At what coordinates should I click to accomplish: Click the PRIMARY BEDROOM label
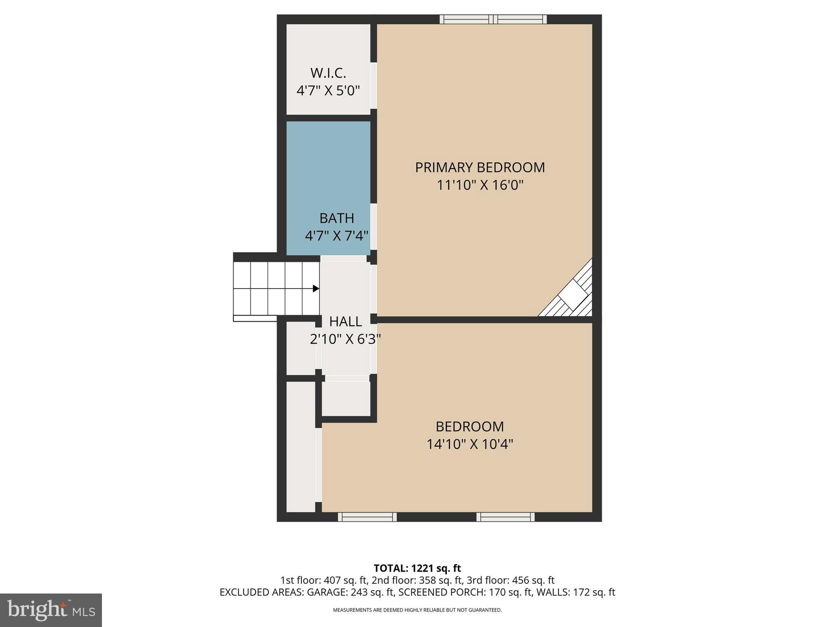click(x=480, y=167)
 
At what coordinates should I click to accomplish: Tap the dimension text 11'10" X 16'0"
click(x=480, y=185)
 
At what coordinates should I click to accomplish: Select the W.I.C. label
click(x=328, y=73)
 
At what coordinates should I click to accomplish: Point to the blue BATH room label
click(x=336, y=218)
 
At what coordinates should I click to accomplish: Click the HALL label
click(x=345, y=322)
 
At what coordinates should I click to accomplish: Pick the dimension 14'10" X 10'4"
click(x=470, y=444)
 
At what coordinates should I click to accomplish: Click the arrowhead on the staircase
click(x=316, y=289)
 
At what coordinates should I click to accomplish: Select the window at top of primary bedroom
click(x=493, y=19)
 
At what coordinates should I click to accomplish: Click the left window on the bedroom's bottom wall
click(x=367, y=517)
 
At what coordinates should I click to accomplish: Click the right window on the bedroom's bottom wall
click(x=506, y=517)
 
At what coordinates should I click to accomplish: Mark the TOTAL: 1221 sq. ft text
click(x=417, y=568)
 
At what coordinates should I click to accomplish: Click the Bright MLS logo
click(x=51, y=610)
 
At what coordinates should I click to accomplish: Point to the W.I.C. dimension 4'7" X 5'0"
click(x=328, y=91)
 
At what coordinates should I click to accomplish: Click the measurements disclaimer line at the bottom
click(x=417, y=610)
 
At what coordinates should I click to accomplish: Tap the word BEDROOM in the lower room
click(x=470, y=427)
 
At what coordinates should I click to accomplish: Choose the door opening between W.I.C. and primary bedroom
click(x=373, y=85)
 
